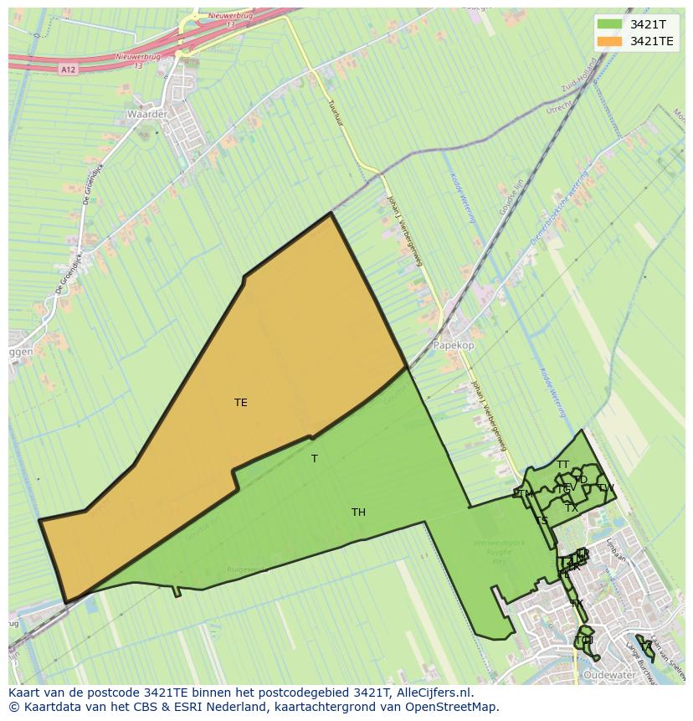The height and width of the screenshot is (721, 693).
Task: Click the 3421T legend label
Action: (x=648, y=24)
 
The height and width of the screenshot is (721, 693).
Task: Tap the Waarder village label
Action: (x=147, y=113)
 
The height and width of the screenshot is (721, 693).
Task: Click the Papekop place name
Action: (x=453, y=345)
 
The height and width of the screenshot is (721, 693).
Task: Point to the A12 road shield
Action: (x=69, y=70)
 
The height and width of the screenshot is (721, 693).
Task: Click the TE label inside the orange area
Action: (x=241, y=403)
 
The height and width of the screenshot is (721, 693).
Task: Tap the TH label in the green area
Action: (x=358, y=512)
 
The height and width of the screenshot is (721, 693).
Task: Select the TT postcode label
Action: (x=562, y=465)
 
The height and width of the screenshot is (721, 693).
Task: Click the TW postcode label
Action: (x=606, y=488)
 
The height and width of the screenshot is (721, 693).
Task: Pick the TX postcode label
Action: (x=572, y=508)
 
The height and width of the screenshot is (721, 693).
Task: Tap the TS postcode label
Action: (x=542, y=521)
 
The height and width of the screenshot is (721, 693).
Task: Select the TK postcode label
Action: (x=576, y=604)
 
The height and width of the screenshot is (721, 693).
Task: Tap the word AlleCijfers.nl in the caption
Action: (x=433, y=693)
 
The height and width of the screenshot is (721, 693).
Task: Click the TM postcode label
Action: (x=526, y=494)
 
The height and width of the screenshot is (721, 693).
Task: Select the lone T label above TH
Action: (x=315, y=459)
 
